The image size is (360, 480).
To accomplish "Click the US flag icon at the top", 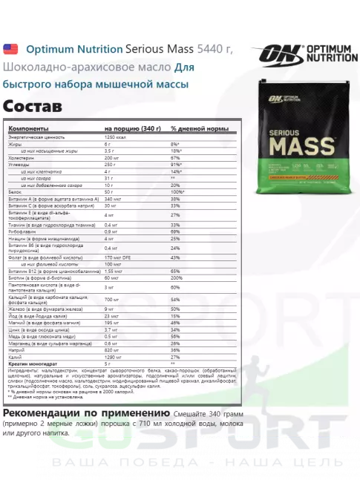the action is click(11, 49).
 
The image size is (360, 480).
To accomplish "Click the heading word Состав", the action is click(33, 105).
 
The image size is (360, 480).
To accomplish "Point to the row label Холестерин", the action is click(22, 157).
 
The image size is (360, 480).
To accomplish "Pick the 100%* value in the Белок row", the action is click(177, 192).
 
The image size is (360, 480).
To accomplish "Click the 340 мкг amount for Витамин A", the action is click(113, 199).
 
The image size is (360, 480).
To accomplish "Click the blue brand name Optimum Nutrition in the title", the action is click(74, 49).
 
